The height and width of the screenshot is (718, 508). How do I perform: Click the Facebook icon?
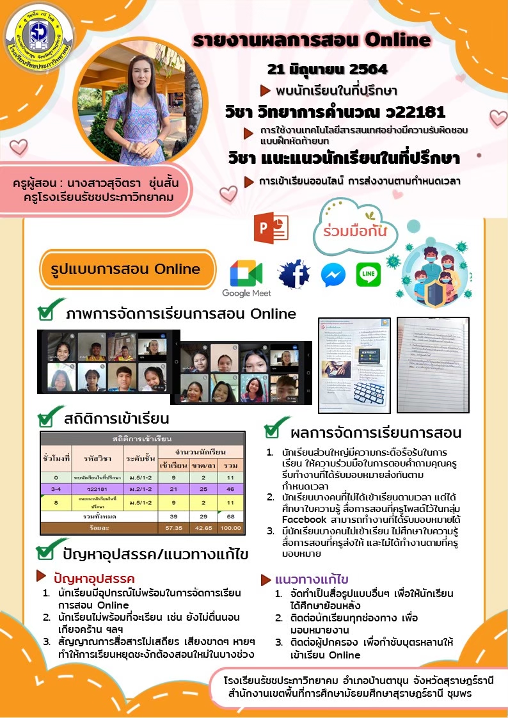tap(294, 273)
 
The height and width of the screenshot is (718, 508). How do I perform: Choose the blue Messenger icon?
tap(333, 275)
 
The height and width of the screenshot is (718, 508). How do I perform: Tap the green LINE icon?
tap(368, 275)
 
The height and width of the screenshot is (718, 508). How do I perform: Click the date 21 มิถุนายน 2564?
tap(327, 69)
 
